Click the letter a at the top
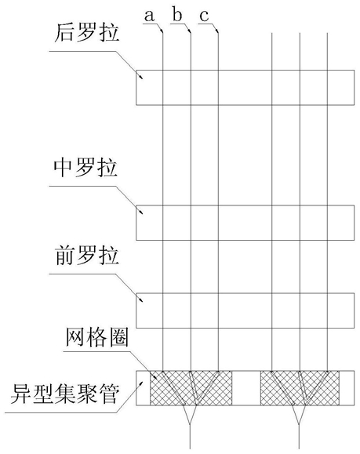149,16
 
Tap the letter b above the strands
177,14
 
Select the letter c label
204,16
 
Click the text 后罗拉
87,32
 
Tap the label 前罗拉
86,256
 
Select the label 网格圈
97,337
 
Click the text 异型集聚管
65,394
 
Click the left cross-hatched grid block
191,388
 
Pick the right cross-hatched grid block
300,388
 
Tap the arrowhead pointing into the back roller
140,75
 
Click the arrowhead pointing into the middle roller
140,211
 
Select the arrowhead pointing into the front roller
140,299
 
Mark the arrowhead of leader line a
162,30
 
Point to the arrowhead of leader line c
217,30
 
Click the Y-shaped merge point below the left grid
190,423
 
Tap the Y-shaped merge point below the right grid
299,423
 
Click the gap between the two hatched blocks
246,388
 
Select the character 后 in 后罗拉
64,32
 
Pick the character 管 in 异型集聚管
109,394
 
